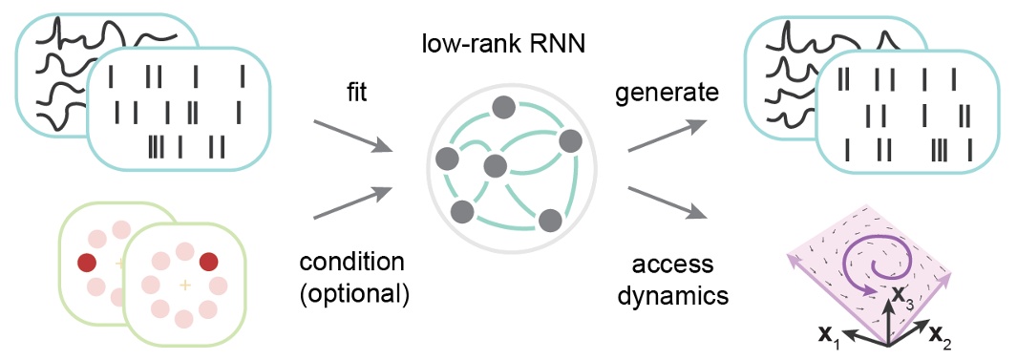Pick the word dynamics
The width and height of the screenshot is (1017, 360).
[x=668, y=296]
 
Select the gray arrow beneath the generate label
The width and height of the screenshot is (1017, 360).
[x=667, y=137]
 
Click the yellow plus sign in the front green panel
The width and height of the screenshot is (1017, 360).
[x=185, y=286]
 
